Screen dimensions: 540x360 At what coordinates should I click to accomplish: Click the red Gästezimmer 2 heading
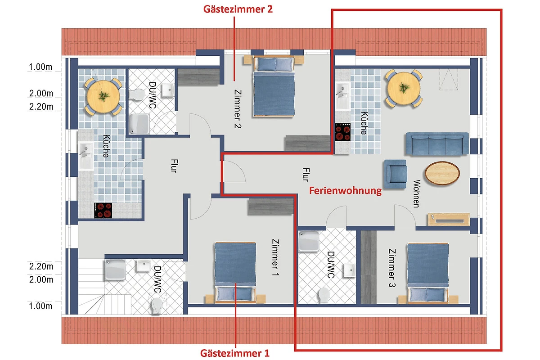238,9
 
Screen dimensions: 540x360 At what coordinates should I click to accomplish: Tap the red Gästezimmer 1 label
234,353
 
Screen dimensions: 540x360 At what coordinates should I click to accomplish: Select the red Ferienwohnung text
345,191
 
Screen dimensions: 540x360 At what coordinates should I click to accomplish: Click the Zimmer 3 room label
392,268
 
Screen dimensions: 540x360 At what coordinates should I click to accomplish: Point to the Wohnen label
417,193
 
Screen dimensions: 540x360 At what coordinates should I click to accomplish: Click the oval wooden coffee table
442,173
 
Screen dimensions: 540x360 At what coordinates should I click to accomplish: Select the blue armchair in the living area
396,174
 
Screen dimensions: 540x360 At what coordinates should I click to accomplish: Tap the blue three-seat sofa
437,143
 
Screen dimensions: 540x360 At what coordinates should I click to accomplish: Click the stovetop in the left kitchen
103,210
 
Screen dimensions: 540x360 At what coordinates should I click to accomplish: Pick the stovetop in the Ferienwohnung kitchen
343,132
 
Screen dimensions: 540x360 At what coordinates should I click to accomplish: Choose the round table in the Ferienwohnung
404,88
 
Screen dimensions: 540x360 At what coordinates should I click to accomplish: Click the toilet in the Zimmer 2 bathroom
136,94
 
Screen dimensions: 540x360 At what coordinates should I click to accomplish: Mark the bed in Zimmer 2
274,86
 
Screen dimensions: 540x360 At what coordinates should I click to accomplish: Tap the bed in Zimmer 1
235,273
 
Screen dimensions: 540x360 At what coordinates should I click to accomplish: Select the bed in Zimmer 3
428,273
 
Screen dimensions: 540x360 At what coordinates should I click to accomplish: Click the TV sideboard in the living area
449,219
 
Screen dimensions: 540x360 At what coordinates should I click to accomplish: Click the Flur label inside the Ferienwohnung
306,175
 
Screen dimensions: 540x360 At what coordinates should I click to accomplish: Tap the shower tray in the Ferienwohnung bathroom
309,241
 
